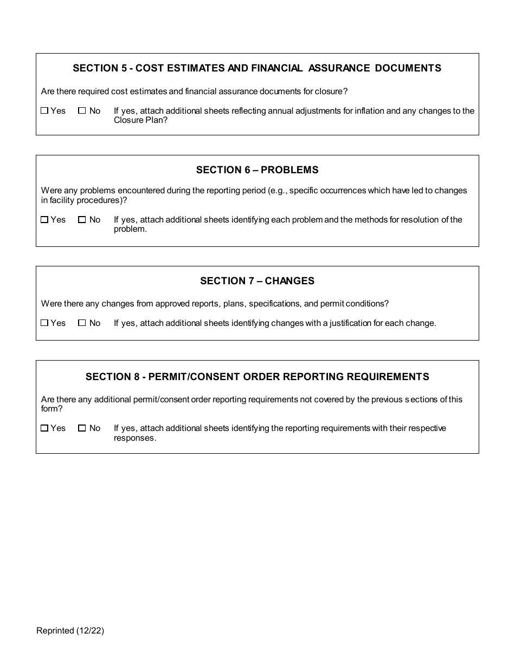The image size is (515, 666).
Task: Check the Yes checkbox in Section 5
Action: click(44, 110)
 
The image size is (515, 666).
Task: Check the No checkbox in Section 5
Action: click(82, 110)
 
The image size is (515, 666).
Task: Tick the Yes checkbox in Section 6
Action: click(44, 220)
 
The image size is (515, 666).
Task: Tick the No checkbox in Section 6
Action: click(82, 220)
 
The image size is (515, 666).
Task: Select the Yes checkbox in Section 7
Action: click(44, 323)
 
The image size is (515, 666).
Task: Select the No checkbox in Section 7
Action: click(82, 323)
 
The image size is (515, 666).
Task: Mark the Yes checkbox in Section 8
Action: click(44, 428)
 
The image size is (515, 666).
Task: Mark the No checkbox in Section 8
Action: click(82, 428)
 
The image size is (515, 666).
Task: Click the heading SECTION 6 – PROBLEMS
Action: click(257, 170)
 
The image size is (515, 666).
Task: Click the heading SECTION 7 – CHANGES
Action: click(257, 281)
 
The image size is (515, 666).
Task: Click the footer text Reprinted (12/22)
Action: click(70, 630)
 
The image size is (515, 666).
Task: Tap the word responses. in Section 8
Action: click(135, 438)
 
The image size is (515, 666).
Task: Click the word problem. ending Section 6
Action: click(130, 229)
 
